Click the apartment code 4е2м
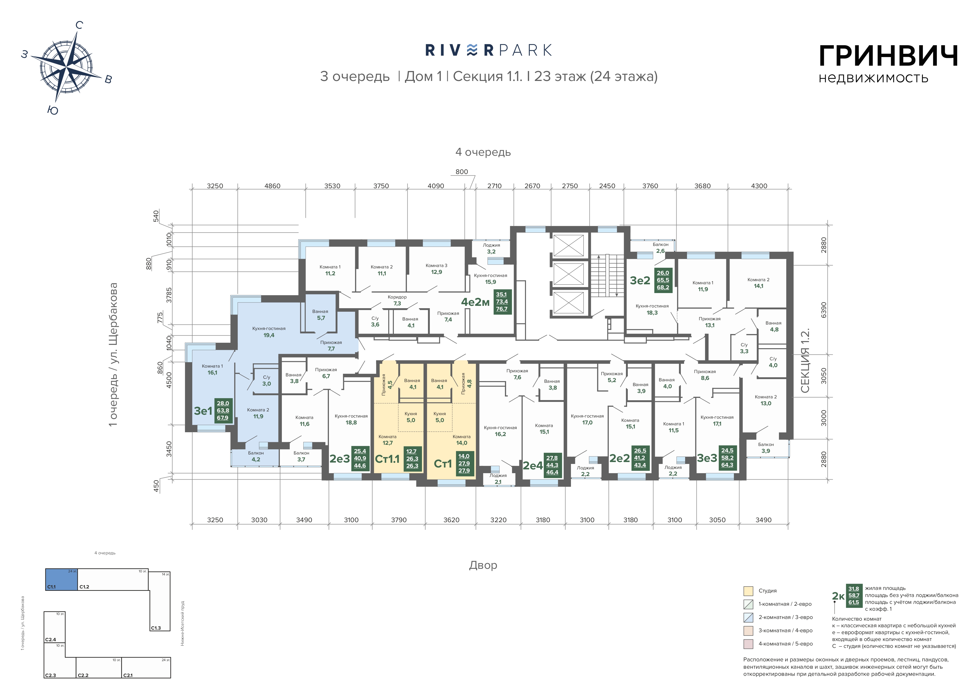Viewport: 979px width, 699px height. tap(475, 302)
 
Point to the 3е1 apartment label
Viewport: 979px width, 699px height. tap(203, 411)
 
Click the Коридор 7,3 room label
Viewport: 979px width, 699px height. tap(397, 300)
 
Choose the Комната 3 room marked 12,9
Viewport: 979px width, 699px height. tap(436, 269)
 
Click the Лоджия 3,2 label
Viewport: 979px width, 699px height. tap(491, 248)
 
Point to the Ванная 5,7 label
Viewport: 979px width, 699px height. tap(320, 315)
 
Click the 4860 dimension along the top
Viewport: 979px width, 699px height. tap(272, 186)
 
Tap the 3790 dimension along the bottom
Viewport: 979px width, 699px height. tap(399, 520)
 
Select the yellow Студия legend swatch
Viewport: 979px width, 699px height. tap(748, 591)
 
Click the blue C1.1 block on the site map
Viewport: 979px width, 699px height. tap(62, 579)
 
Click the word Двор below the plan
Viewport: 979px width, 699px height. tap(483, 565)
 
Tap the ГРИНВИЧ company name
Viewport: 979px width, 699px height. tap(888, 56)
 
